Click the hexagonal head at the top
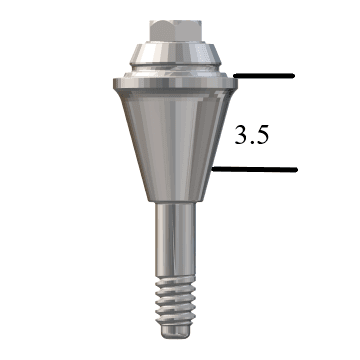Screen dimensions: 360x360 175,31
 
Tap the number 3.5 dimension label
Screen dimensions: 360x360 252,135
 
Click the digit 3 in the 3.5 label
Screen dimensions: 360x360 241,135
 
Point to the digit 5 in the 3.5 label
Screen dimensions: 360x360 262,135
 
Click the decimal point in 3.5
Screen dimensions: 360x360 251,142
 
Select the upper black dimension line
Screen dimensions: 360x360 264,76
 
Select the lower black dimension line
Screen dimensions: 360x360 254,170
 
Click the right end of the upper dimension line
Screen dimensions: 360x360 294,76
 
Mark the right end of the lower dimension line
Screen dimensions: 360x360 297,170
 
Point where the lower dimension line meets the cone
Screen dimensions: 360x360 212,170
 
